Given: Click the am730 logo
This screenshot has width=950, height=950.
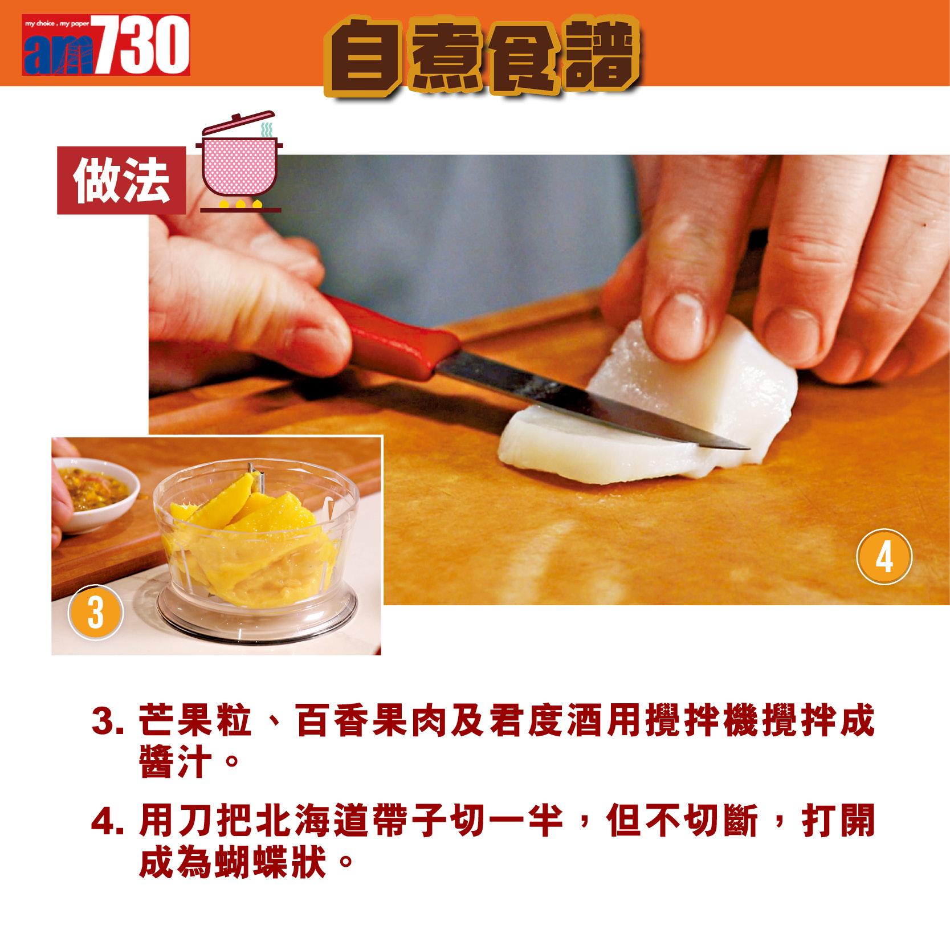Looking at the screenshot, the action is click(106, 45).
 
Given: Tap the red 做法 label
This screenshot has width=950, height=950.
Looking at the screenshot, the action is click(121, 181).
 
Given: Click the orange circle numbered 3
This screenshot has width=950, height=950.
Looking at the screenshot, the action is click(95, 616).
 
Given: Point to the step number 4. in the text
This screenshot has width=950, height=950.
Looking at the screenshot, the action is click(107, 822).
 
